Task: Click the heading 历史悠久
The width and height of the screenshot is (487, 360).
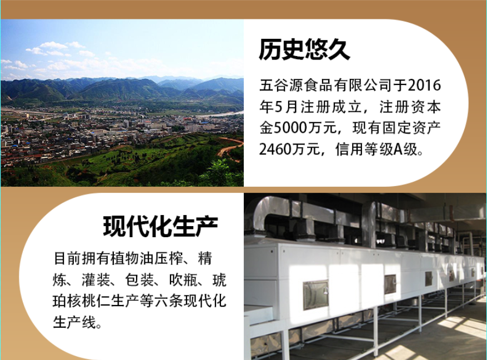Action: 304,49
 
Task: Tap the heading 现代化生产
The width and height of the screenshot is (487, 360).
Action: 160,227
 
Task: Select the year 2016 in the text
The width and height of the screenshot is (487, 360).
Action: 424,85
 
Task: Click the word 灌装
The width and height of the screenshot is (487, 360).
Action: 96,280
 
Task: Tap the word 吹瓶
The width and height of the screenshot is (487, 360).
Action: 183,280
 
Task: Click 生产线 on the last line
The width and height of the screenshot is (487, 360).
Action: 74,322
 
